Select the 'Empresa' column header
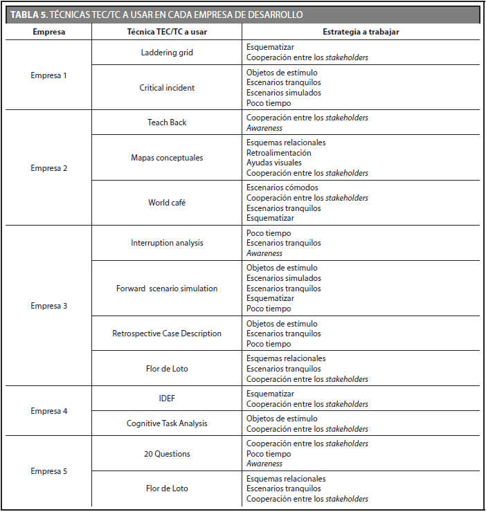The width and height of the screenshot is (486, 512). [x=48, y=32]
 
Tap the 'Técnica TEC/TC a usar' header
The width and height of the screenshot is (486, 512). [x=167, y=32]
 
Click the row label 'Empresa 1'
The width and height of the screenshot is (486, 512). [x=48, y=75]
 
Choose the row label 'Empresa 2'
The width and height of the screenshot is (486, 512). [x=48, y=168]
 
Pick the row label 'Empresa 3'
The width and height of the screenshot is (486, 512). [x=48, y=306]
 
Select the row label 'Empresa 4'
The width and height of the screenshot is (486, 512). [x=48, y=411]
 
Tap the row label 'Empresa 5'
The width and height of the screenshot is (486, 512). [x=48, y=471]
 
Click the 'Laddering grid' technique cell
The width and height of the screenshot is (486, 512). [x=167, y=53]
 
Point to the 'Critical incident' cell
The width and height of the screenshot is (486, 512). [x=167, y=88]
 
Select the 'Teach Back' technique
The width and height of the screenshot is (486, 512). [x=167, y=122]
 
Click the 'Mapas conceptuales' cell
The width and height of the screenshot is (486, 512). [x=167, y=158]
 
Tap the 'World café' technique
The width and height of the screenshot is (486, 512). [x=167, y=203]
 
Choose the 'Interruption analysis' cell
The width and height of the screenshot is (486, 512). [x=167, y=243]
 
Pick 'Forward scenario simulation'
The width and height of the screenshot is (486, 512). [x=167, y=289]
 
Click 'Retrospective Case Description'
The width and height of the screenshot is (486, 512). [x=167, y=333]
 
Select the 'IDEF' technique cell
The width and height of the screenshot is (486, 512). [x=167, y=399]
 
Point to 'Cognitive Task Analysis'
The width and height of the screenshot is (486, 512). [x=167, y=423]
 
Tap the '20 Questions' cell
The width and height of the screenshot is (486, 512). [x=167, y=454]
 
